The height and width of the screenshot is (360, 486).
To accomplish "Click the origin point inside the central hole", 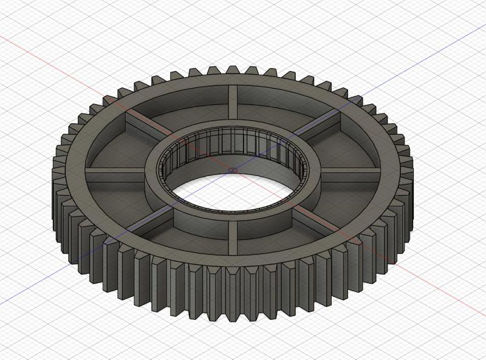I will (233, 171).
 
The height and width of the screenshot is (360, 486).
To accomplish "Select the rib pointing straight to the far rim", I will (233, 110).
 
